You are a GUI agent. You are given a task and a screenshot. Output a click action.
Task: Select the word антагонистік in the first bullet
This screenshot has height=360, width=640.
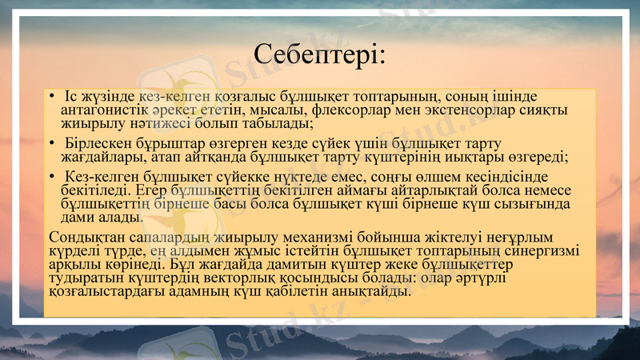[x=102, y=110]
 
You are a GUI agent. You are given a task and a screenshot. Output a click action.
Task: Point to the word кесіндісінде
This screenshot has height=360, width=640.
[x=488, y=178]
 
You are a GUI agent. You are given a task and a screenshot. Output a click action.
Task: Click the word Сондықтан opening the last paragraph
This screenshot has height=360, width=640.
[x=83, y=238]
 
